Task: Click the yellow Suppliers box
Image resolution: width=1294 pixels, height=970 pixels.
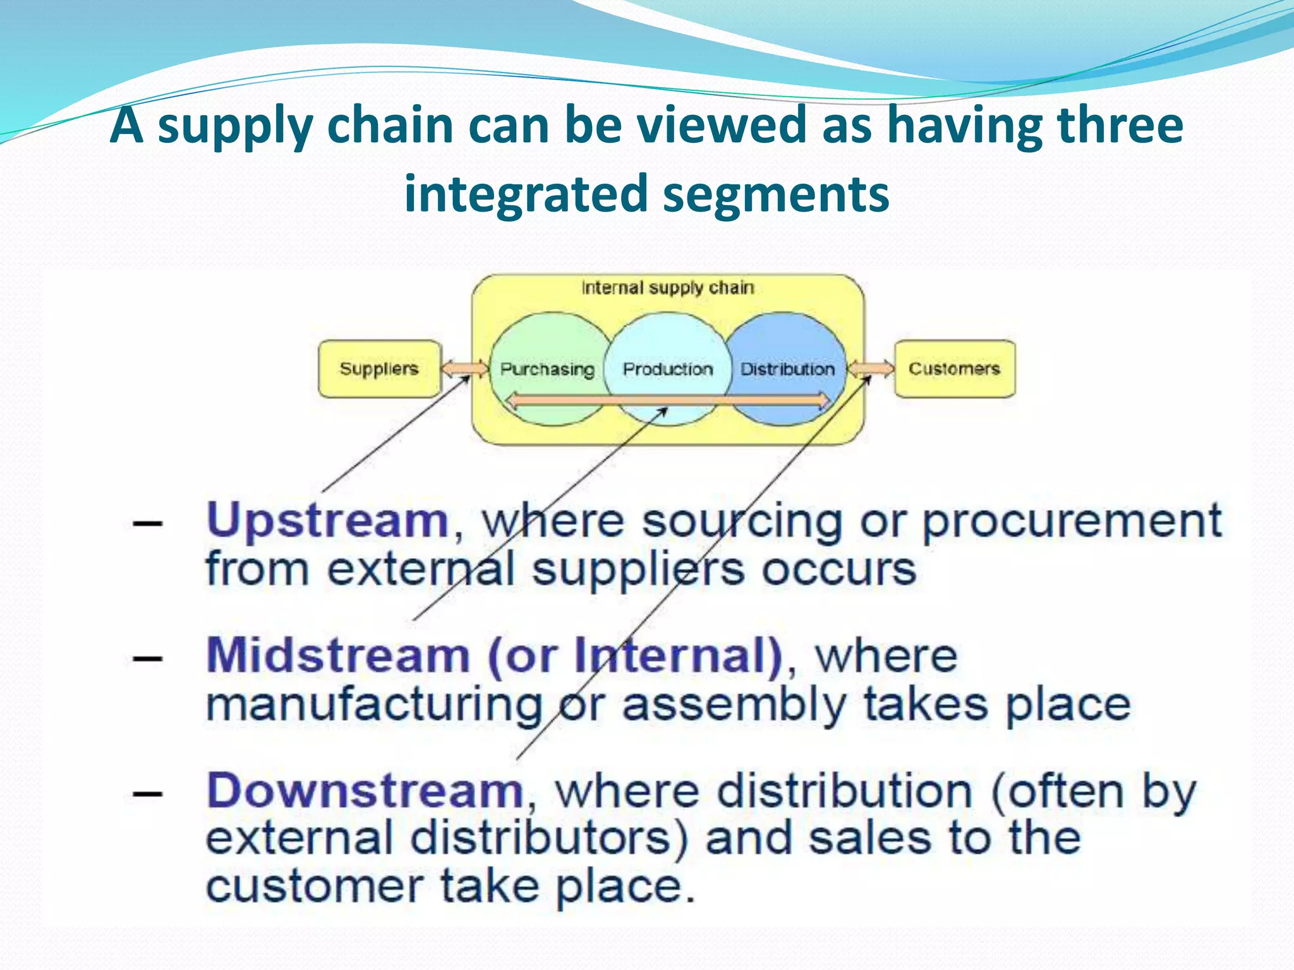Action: (x=379, y=369)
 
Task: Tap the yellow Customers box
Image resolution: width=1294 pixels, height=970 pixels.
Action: (x=954, y=369)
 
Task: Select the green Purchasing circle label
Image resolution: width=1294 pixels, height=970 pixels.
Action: (x=547, y=369)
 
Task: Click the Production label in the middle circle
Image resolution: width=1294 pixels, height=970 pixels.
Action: (x=668, y=369)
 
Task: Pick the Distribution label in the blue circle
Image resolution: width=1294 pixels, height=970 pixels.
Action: (x=787, y=369)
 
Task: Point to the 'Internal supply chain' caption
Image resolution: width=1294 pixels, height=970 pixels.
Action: (x=668, y=288)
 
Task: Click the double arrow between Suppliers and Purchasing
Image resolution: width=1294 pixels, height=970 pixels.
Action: (x=465, y=368)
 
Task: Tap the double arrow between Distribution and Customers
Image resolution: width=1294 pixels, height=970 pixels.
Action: (x=871, y=368)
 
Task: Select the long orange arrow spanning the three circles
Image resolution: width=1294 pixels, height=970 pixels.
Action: (x=668, y=400)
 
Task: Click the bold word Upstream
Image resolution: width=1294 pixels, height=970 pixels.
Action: (x=327, y=521)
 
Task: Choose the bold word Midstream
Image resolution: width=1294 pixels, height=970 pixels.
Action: (x=338, y=656)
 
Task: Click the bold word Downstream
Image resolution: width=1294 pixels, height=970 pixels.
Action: (x=365, y=791)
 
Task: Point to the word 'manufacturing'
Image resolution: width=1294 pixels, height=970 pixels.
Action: (x=374, y=706)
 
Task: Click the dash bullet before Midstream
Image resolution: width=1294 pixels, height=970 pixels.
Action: (x=147, y=659)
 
